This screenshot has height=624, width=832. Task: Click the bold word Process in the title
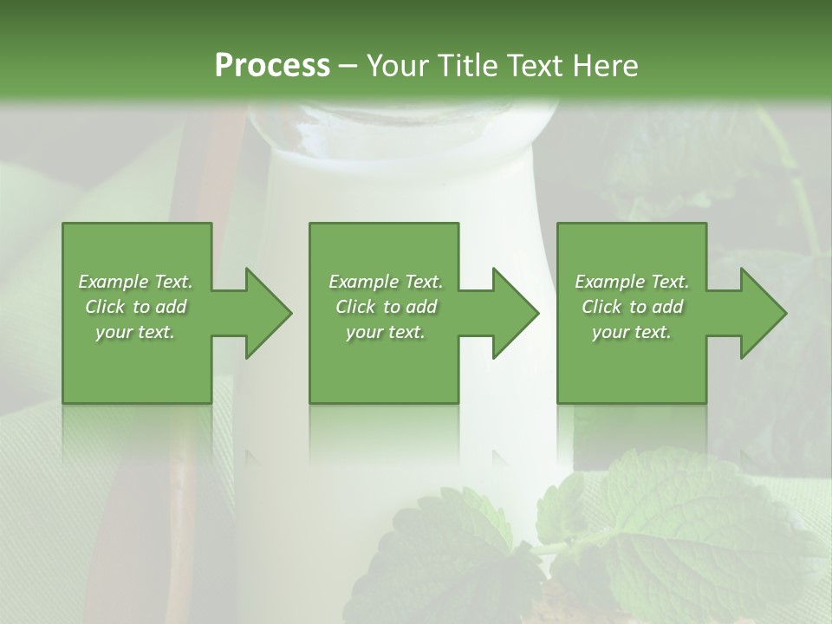tap(272, 66)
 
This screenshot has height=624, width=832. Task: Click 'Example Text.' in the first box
tap(135, 282)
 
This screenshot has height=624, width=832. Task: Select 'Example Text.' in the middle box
tap(386, 282)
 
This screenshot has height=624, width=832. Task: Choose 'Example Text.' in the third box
tap(632, 282)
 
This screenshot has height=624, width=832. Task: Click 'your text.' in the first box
tap(135, 332)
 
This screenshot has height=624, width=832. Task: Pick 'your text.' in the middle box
tap(386, 332)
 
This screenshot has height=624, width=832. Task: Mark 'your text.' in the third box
tap(632, 332)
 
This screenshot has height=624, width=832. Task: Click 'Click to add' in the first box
tap(135, 307)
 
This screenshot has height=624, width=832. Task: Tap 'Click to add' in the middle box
tap(386, 307)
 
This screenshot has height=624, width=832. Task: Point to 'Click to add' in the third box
tap(632, 307)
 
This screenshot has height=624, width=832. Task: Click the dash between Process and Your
tap(348, 67)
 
